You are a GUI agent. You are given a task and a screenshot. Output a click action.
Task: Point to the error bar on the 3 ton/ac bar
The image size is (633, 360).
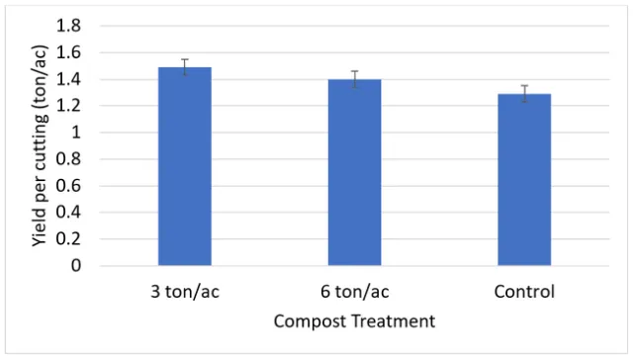[185, 67]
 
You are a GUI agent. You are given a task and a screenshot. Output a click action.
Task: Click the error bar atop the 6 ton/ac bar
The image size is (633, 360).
[354, 79]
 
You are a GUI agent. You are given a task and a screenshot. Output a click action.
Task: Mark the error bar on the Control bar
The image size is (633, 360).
[524, 94]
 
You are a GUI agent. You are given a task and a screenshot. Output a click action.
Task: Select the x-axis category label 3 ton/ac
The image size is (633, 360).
[185, 293]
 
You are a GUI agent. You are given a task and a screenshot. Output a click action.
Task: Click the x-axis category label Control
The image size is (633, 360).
[524, 293]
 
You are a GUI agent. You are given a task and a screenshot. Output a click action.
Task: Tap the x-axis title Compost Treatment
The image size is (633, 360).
[354, 321]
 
